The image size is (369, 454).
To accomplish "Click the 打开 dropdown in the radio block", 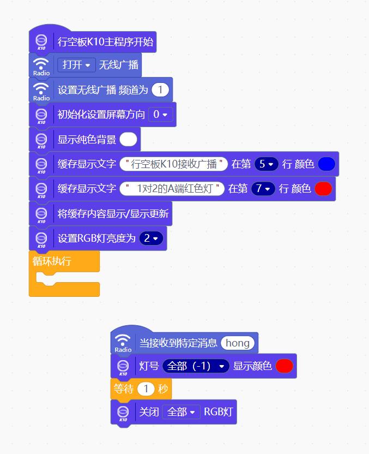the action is tap(76, 65).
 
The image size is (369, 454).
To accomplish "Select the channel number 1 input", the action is tap(160, 89).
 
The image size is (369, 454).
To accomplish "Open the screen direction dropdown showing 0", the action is tap(160, 115).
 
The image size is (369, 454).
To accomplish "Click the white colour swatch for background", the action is tap(128, 139).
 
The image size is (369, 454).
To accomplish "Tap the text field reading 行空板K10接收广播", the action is tap(173, 164).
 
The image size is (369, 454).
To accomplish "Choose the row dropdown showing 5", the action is tap(267, 164).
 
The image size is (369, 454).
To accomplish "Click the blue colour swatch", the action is tap(326, 164).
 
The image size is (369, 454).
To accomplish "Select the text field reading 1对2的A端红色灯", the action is tap(172, 189).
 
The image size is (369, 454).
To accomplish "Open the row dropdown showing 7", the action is tap(263, 189).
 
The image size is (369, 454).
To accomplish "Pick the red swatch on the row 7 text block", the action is tap(323, 189).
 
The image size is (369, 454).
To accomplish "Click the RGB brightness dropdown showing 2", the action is tap(151, 238).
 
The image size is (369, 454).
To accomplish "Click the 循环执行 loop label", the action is tap(52, 261).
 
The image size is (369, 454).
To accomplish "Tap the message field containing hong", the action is tap(238, 343).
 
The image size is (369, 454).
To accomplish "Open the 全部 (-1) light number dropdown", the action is tap(196, 366).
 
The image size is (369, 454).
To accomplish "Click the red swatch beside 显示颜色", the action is tap(285, 366).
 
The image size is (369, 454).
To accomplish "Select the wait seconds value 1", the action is tap(146, 389).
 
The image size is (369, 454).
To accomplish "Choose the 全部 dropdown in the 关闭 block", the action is tap(182, 412).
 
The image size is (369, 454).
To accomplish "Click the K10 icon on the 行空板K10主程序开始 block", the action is tap(41, 42).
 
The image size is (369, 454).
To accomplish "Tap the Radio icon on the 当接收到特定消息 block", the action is tap(123, 343).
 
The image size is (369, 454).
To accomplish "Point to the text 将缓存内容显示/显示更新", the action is tap(113, 214).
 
